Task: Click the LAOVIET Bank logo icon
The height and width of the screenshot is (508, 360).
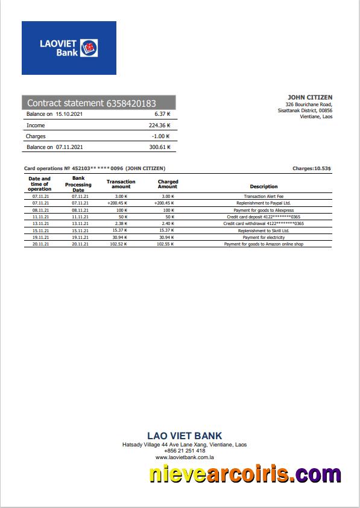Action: click(x=90, y=48)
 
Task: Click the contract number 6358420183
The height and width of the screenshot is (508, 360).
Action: click(x=131, y=103)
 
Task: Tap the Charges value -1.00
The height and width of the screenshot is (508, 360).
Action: click(x=161, y=136)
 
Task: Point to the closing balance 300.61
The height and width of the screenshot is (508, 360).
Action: click(x=160, y=147)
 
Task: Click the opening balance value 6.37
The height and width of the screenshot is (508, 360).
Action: click(x=162, y=114)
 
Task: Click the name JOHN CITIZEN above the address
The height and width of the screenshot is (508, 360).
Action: click(x=310, y=97)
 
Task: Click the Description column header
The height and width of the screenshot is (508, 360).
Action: click(x=264, y=186)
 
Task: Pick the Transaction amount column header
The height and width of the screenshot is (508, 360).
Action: click(x=121, y=184)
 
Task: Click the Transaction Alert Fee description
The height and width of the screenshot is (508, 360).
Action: click(x=264, y=197)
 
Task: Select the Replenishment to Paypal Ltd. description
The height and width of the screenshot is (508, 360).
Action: click(x=264, y=203)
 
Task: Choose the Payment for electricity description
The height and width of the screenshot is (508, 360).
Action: click(x=264, y=237)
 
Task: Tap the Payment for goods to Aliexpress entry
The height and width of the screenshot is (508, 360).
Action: click(x=264, y=210)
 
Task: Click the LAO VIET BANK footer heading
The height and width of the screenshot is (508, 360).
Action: click(x=185, y=436)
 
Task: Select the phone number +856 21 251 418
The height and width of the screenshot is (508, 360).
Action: click(x=185, y=451)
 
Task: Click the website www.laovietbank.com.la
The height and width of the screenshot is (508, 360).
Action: click(x=185, y=457)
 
